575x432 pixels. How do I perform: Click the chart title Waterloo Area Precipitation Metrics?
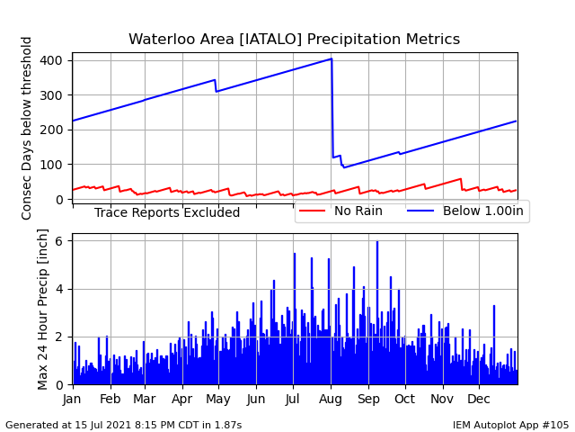point(294,39)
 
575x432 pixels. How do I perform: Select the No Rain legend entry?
point(341,211)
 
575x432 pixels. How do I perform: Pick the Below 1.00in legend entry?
point(465,211)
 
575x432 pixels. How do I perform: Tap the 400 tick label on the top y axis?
point(51,60)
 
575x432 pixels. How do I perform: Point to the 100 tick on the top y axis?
point(51,165)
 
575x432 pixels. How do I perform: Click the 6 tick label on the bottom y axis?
point(59,241)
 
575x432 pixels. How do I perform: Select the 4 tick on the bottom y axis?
point(59,289)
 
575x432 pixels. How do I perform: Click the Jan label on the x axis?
point(72,399)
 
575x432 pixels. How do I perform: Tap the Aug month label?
point(331,399)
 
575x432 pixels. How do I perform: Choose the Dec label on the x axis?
point(479,399)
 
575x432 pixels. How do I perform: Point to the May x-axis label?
point(218,399)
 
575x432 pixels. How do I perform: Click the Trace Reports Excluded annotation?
point(167,212)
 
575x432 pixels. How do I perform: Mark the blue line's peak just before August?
point(332,58)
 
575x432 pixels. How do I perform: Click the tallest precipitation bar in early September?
point(377,313)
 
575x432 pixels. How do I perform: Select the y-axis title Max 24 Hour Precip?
point(42,309)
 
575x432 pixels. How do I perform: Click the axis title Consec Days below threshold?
point(26,128)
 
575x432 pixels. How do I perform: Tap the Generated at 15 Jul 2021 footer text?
point(124,425)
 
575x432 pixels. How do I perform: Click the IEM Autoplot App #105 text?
point(510,425)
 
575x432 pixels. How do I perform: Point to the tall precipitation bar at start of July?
point(295,319)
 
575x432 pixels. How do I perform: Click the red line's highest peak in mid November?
point(461,178)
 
